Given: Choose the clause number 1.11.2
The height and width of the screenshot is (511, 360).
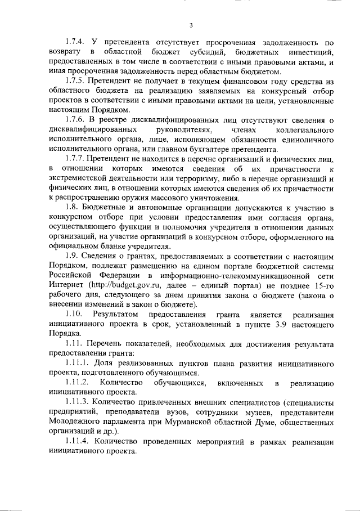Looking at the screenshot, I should (76, 383).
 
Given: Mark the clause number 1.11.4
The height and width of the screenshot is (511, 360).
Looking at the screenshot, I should (76, 441).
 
